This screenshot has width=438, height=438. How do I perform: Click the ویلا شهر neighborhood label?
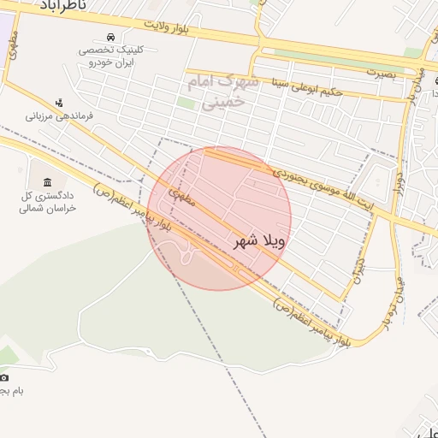[258, 242]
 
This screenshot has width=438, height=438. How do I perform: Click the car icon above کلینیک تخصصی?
[111, 37]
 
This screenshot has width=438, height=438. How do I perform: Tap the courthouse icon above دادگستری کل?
[46, 182]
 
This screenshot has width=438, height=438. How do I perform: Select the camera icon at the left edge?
[4, 377]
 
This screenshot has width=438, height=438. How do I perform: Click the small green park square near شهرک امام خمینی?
[186, 104]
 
